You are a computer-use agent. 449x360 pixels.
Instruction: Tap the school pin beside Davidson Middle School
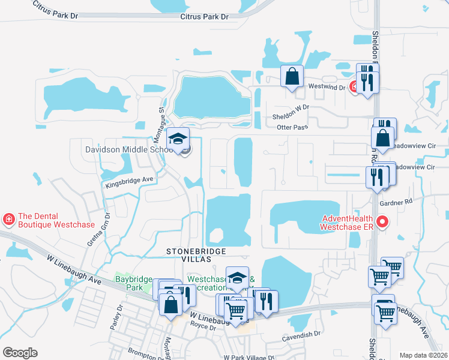(x=178, y=140)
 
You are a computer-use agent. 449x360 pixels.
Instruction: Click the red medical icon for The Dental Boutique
(x=8, y=219)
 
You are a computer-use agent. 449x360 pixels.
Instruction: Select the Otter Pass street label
(x=292, y=127)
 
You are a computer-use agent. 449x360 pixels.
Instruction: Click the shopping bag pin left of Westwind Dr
(x=292, y=77)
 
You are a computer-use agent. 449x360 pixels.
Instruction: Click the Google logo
(x=20, y=353)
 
